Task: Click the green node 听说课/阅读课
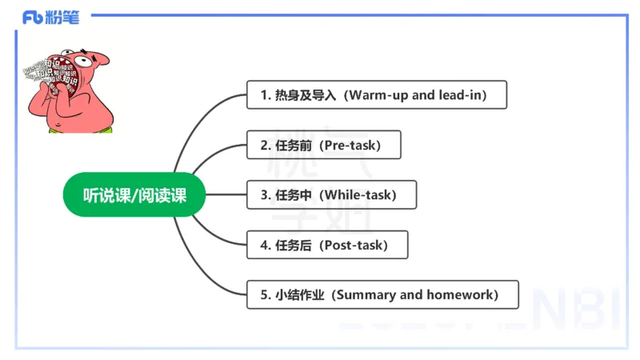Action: pos(134,194)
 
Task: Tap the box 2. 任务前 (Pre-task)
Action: pos(323,145)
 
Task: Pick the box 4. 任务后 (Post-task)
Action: pos(327,245)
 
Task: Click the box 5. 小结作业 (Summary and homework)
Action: pos(382,294)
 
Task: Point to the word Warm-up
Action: pos(379,95)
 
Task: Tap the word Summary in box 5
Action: pos(365,294)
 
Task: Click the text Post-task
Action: pos(355,245)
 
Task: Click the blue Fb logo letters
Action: pos(33,18)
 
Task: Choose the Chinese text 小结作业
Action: pos(300,294)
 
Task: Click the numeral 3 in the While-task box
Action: pos(265,194)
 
